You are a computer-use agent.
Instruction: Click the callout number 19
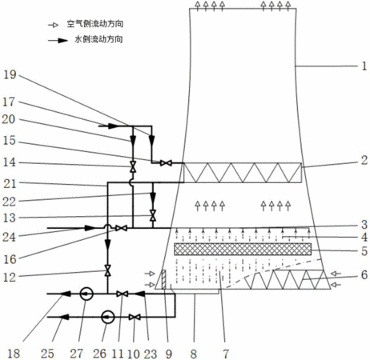click(x=10, y=74)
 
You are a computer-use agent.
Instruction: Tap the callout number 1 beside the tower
click(x=364, y=66)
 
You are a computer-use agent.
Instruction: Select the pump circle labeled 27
click(x=86, y=294)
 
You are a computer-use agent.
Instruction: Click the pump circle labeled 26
click(x=108, y=317)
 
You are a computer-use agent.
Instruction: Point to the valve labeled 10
click(x=135, y=317)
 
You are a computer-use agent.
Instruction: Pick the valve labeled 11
click(x=123, y=294)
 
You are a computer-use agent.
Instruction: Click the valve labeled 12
click(x=108, y=270)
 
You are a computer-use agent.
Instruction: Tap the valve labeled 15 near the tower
click(x=166, y=163)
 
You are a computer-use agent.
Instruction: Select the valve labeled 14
click(x=133, y=166)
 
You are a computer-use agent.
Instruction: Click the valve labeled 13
click(x=153, y=215)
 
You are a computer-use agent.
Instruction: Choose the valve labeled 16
click(x=121, y=228)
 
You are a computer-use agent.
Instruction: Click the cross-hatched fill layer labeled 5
click(x=243, y=250)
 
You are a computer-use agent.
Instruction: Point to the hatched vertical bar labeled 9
click(x=163, y=279)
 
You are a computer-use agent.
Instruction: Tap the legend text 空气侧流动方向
click(x=95, y=24)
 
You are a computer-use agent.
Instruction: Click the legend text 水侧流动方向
click(x=99, y=39)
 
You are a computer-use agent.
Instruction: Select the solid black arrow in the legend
click(x=58, y=41)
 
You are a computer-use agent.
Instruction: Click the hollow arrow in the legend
click(x=53, y=25)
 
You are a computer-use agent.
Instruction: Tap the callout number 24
click(x=9, y=237)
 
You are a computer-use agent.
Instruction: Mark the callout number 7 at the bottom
click(x=226, y=354)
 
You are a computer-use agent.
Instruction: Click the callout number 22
click(x=9, y=202)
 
